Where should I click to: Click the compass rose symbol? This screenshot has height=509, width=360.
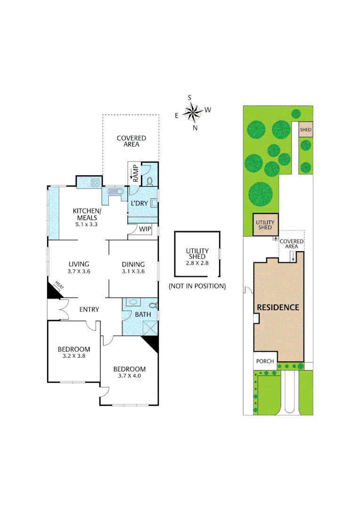[x=192, y=113]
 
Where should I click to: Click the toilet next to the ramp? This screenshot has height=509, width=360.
[x=150, y=181]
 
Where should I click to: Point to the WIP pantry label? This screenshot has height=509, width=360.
[x=145, y=229]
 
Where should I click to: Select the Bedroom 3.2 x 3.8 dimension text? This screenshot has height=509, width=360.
[x=74, y=357]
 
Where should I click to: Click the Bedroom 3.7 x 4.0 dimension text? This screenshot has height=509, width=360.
[x=129, y=376]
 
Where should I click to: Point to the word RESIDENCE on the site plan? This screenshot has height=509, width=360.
[x=278, y=307]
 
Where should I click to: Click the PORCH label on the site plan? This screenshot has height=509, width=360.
[x=265, y=361]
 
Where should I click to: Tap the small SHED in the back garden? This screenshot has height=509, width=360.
[x=306, y=130]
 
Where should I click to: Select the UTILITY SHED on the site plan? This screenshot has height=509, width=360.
[x=264, y=224]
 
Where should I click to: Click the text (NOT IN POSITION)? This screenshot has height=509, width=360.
[x=197, y=286]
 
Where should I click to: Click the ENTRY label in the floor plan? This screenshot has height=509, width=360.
[x=89, y=309]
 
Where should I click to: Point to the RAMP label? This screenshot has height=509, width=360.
[x=135, y=172]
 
